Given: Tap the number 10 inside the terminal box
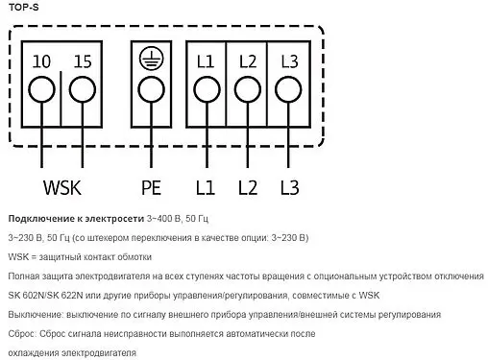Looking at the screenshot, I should [41, 62].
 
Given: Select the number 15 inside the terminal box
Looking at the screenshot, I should [82, 62].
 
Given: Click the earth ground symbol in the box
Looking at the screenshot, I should [150, 60].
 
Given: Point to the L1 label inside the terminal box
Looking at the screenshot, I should [205, 62].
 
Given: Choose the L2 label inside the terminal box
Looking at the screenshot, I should [247, 62].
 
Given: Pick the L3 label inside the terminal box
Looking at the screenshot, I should [289, 62].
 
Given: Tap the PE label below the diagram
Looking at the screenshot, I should [150, 184].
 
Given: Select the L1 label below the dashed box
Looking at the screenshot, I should [205, 184].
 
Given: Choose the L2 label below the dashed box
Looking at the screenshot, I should [247, 184].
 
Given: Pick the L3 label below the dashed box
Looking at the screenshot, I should [289, 184].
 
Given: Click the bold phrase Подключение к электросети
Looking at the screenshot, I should [75, 217].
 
